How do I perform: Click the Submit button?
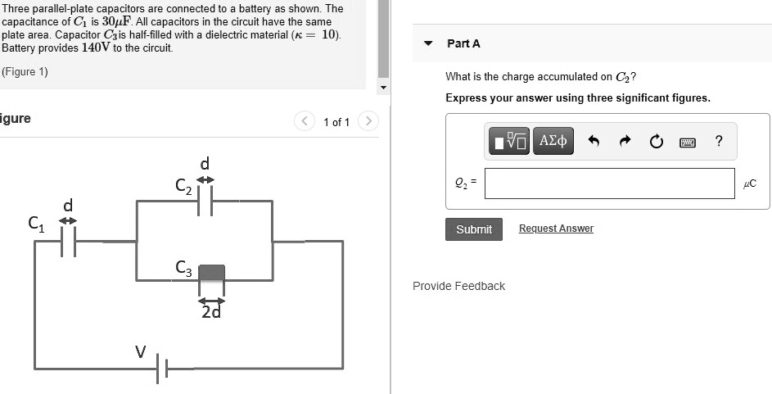[474, 229]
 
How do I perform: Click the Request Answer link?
[556, 229]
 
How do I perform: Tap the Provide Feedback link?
[458, 286]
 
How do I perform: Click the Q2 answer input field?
[609, 183]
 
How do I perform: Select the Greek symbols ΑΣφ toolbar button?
[553, 141]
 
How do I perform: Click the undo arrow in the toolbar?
[594, 141]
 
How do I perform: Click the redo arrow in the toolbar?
[625, 141]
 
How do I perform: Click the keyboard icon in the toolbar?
[688, 142]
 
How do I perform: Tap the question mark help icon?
[718, 141]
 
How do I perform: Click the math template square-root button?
[509, 141]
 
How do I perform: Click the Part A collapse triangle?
[428, 43]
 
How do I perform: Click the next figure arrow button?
[369, 122]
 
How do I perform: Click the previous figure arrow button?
[305, 122]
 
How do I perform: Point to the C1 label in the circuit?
[35, 222]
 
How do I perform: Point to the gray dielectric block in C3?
[211, 273]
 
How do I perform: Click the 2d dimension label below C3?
[211, 311]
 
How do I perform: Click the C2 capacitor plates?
[205, 199]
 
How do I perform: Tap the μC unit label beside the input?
[749, 183]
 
